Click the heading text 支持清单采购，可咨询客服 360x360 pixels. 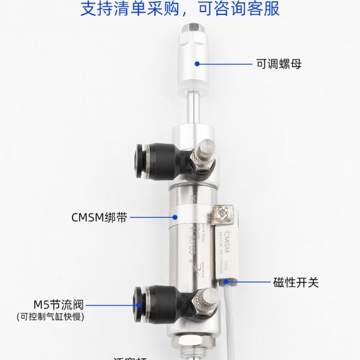pyautogui.click(x=180, y=10)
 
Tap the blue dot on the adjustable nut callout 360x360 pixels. pyautogui.click(x=196, y=63)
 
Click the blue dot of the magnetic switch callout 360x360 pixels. pyautogui.click(x=226, y=281)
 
